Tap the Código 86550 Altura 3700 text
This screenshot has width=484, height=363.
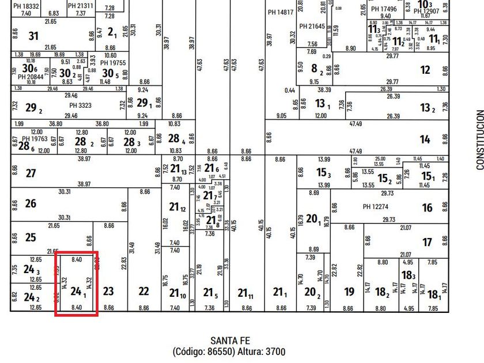229,351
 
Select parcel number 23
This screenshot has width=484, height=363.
108,292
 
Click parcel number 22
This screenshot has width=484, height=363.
143,292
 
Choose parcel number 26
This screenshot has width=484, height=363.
31,203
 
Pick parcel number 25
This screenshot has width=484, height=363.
31,237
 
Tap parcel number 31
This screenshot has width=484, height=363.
33,36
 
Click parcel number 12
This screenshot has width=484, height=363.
425,70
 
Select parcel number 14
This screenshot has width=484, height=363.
425,139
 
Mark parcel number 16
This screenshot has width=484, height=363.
427,208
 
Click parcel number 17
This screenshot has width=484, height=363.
427,243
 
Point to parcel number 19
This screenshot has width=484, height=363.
349,292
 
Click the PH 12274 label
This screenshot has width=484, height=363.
376,207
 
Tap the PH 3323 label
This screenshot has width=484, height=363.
81,105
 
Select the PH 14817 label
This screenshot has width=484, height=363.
281,12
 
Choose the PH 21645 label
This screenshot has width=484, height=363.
312,27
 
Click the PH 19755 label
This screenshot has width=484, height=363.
113,63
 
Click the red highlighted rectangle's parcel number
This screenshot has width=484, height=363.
77,292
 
